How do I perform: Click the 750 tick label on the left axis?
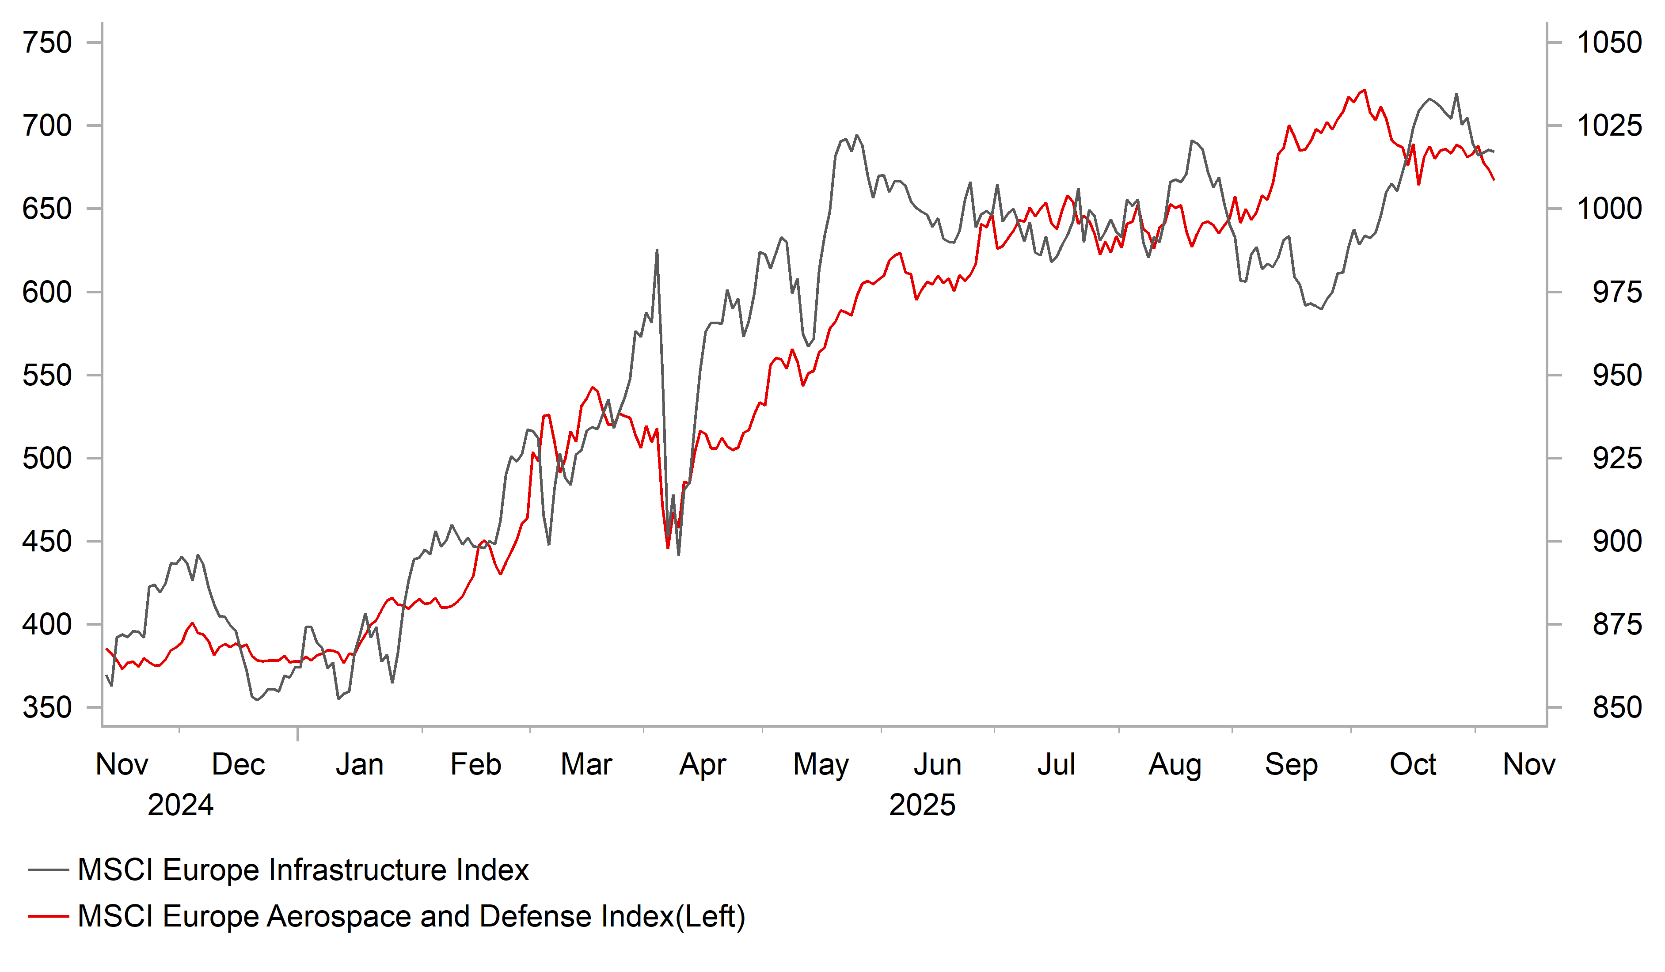coord(47,43)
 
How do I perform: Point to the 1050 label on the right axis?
coord(1609,43)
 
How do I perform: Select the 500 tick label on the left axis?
coord(47,459)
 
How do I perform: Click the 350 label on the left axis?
coord(47,708)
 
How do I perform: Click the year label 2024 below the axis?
coord(180,805)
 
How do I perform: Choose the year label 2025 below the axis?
coord(922,805)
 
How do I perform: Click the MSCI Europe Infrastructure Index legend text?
coord(303,870)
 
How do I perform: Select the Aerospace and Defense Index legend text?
coord(411,916)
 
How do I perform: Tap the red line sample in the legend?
coord(48,916)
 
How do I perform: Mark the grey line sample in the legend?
coord(48,870)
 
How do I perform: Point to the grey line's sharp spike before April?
coord(657,250)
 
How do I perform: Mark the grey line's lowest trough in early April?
coord(679,554)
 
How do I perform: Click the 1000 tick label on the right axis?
coord(1609,209)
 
